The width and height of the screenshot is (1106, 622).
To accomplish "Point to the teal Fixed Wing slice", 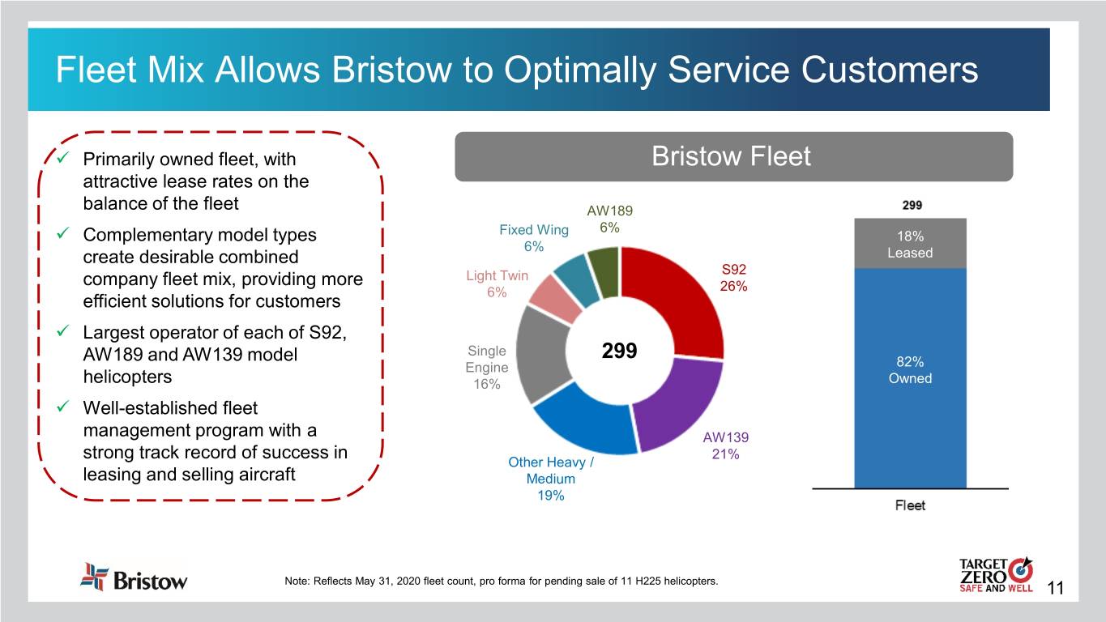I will pos(577,275).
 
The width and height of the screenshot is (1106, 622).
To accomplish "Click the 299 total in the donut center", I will pos(620,353).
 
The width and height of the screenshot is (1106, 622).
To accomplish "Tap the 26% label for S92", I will pos(732,287).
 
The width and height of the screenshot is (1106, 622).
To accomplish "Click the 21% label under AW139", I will pos(725,454).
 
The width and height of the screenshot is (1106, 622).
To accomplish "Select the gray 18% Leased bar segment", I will pos(910,243).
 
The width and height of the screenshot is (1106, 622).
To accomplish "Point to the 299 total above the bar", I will pos(910,205).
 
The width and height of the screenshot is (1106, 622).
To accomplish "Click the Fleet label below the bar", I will pos(910,506).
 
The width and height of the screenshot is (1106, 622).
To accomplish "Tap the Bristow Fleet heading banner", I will pos(733,156).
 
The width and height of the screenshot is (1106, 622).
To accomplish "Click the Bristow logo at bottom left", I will pos(134,577).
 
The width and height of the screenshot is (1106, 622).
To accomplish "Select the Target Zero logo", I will pos(995,576).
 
